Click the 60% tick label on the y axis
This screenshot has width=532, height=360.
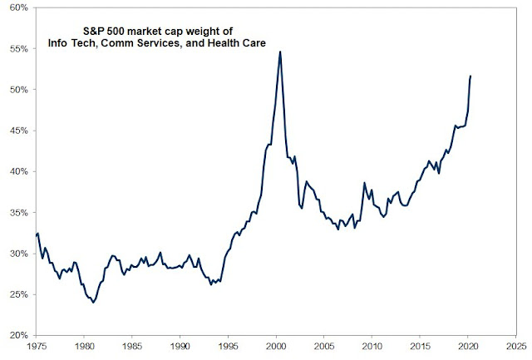[18, 8]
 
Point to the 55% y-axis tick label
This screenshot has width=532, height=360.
[18, 49]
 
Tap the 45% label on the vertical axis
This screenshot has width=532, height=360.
[18, 131]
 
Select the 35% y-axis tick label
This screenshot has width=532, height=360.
[18, 213]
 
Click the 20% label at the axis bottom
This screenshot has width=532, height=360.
[18, 335]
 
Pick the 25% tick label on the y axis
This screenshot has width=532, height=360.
[18, 294]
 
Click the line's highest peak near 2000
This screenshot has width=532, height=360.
[279, 52]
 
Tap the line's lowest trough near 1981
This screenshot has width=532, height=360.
[93, 303]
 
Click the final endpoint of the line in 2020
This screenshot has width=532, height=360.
[470, 76]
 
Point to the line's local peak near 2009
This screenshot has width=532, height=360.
[364, 183]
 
